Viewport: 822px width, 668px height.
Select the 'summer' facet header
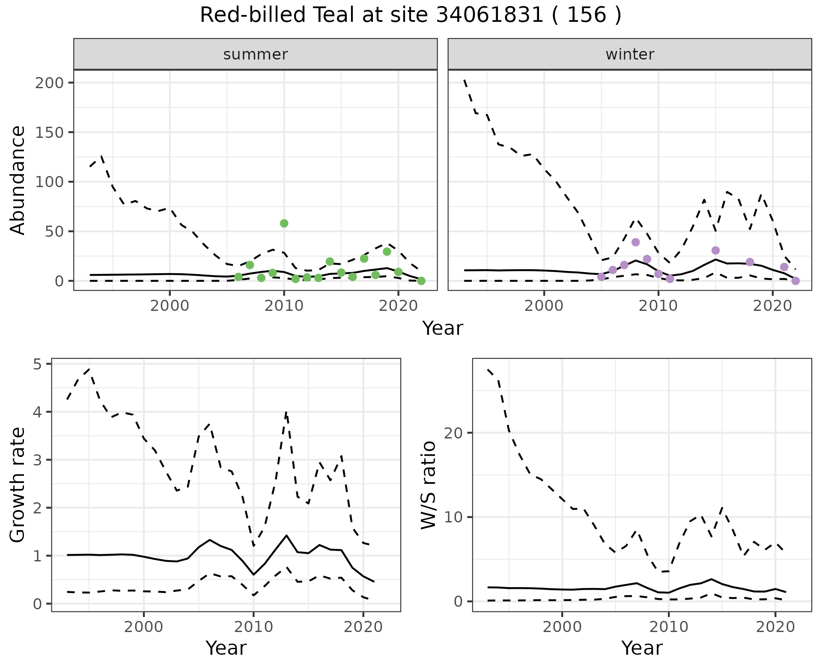tap(256, 54)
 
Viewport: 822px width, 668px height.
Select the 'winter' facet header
tap(630, 54)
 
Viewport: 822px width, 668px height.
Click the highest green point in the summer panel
tap(284, 223)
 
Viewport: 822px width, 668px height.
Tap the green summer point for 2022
tap(421, 281)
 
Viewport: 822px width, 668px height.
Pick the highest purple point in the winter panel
tap(635, 242)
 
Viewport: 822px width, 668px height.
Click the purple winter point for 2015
tap(715, 250)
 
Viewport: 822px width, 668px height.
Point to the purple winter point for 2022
tap(795, 281)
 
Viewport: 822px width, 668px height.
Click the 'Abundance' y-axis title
tap(18, 180)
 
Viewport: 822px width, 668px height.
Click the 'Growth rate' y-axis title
tap(18, 485)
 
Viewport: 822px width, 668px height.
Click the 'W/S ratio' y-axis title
tap(429, 485)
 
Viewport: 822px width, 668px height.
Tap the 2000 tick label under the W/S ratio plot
tap(562, 627)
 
